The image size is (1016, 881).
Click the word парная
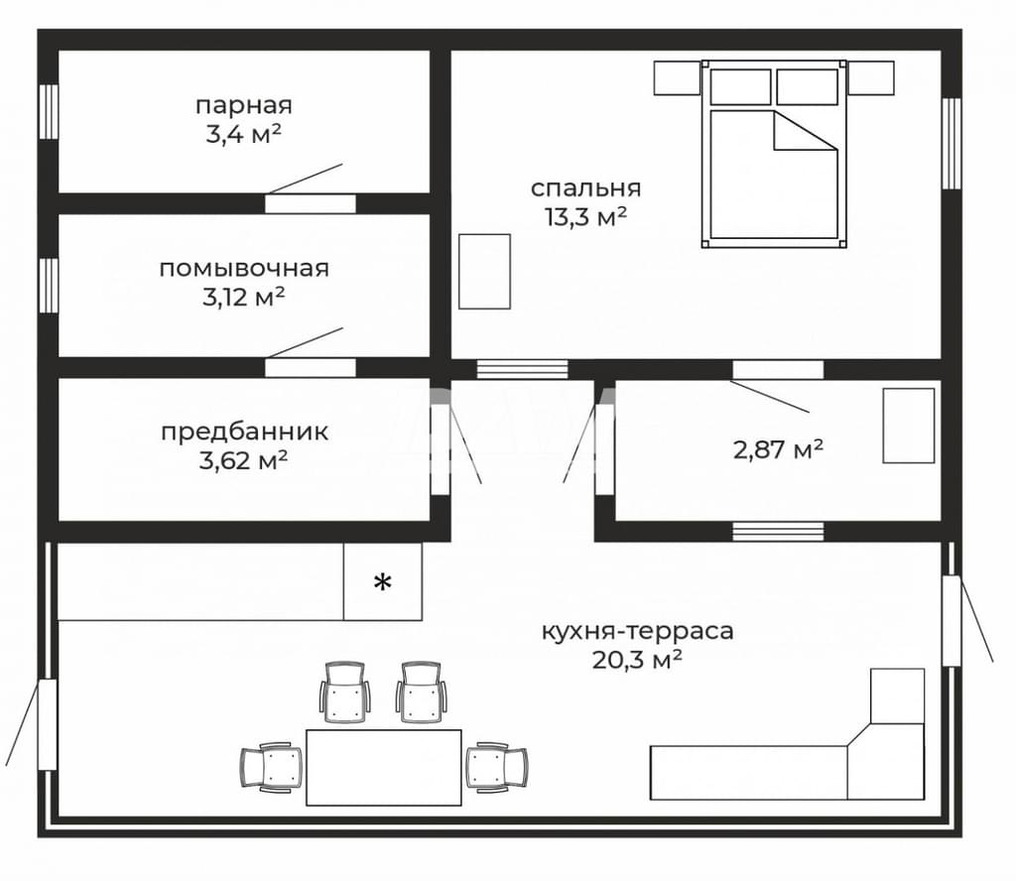point(244,105)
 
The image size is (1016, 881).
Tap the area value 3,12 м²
point(244,298)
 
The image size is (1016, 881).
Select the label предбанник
point(244,432)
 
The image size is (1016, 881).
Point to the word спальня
point(585,189)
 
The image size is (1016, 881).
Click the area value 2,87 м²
point(778,448)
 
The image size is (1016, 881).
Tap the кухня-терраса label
point(638,631)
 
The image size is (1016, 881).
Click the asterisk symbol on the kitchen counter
point(383,582)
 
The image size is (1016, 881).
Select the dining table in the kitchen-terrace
point(384,768)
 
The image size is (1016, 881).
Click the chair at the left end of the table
point(272,767)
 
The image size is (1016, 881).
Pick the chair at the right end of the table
point(497,767)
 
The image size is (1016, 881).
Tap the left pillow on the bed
point(740,86)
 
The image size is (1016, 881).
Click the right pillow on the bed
point(808,86)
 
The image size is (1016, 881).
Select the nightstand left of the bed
point(677,78)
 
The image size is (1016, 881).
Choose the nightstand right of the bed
point(871,78)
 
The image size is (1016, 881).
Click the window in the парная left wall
point(49,111)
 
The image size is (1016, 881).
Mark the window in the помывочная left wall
point(49,286)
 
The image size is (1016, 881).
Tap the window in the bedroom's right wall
point(952,143)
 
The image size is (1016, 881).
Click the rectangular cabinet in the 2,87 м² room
point(909,426)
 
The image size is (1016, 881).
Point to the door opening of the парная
point(311,203)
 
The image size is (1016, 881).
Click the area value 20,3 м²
point(637,660)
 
